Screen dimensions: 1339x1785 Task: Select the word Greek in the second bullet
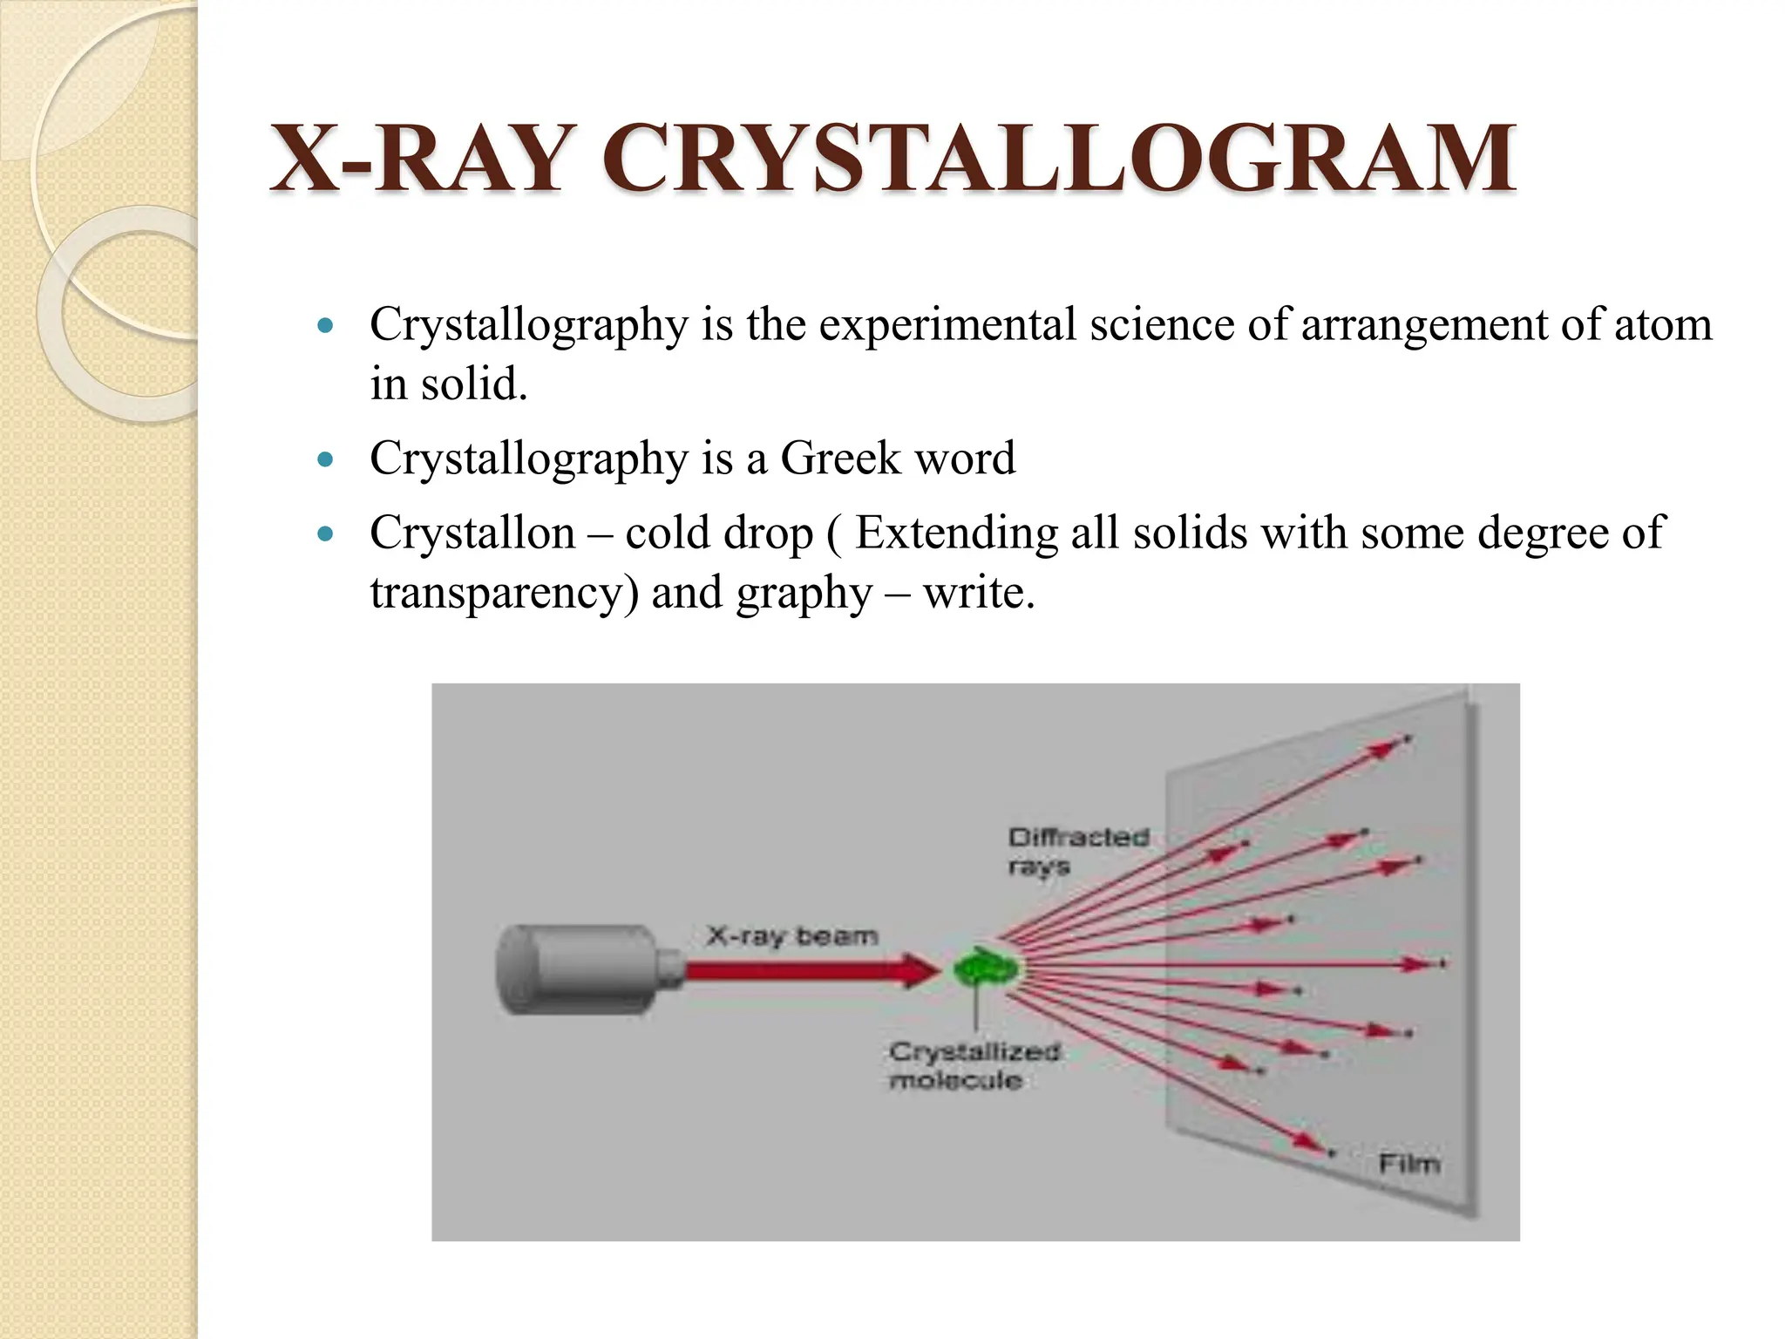pos(839,459)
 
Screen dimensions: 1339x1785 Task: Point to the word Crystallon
pos(472,533)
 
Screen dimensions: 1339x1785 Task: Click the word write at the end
pos(978,594)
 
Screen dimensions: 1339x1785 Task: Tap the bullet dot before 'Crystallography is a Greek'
pos(326,460)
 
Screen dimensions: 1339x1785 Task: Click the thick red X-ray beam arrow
pos(802,970)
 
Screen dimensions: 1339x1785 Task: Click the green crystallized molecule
pos(986,968)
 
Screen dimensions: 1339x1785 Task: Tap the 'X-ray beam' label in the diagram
pos(791,936)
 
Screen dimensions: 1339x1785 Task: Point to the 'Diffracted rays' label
pos(1077,851)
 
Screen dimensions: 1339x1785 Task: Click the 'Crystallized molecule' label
pos(974,1065)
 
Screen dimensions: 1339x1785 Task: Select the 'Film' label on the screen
pos(1408,1164)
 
